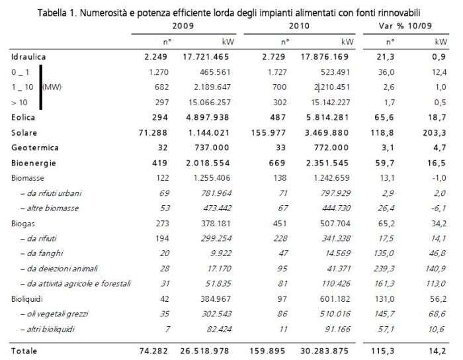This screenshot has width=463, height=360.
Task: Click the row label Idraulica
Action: pos(28,57)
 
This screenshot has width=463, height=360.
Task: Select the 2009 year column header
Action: pos(183,26)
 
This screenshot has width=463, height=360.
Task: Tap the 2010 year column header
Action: pos(299,26)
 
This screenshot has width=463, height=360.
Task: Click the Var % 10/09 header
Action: pos(405,26)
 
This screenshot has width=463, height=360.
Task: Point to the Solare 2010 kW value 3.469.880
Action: pos(327,132)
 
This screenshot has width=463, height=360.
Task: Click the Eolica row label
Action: pos(23,117)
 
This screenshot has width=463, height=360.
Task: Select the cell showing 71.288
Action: pos(153,132)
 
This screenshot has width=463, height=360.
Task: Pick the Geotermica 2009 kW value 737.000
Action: pos(212,148)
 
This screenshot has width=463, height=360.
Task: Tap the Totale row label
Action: pos(24,351)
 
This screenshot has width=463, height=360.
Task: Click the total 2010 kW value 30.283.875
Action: pos(325,351)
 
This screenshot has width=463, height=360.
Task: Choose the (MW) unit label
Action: pos(52,87)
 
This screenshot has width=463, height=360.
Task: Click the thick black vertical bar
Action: pos(41,87)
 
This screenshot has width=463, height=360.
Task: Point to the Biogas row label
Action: pos(22,224)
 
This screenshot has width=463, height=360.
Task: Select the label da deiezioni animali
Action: pos(59,269)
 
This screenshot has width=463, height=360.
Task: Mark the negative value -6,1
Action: pos(439,208)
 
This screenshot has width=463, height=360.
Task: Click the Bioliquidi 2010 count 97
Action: pos(282,299)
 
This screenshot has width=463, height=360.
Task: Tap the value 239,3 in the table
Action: pos(384,269)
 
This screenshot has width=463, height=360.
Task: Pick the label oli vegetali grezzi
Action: pos(54,314)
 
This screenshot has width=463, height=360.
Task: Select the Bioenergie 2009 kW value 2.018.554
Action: pos(208,163)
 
